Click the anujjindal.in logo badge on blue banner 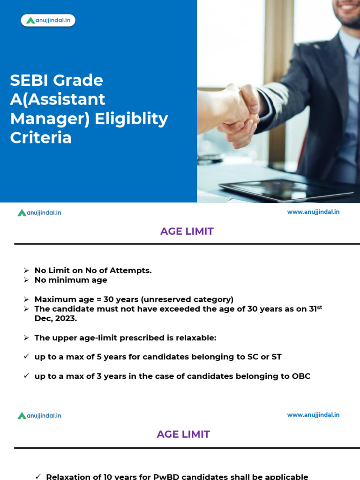coord(48,20)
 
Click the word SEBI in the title coord(30,80)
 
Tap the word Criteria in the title coord(41,138)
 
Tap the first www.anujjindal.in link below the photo coord(313,212)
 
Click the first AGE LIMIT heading coord(187,231)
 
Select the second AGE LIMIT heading coord(183,434)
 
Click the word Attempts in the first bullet coord(131,270)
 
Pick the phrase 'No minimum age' coord(71,280)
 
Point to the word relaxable coord(195,337)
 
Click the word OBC coord(300,376)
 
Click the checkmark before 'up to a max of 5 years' coord(27,357)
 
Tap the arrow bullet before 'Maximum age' coord(27,299)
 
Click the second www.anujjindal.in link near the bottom coord(313,415)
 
